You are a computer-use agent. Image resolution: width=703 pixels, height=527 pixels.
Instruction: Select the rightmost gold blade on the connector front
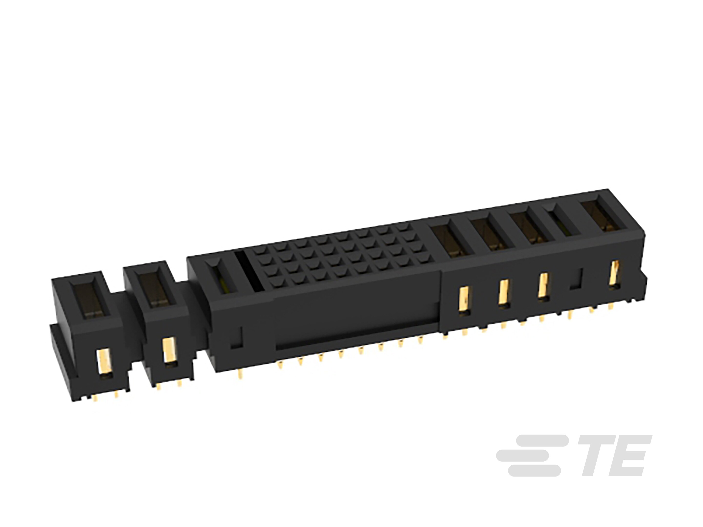tap(615, 274)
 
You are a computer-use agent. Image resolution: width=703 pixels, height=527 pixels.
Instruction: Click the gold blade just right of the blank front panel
tap(464, 300)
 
